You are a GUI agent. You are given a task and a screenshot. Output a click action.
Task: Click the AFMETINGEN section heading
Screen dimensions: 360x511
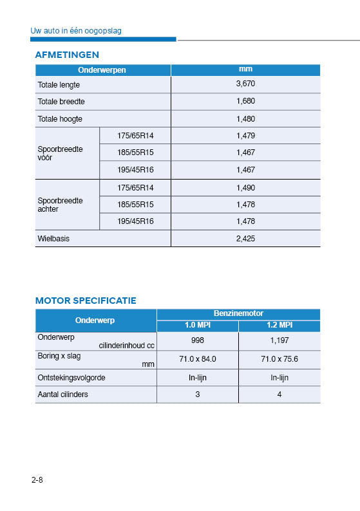coord(67,55)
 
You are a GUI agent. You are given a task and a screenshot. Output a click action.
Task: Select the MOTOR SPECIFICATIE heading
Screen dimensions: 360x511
coord(86,301)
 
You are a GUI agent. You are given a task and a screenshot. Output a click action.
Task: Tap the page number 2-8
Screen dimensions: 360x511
coord(36,480)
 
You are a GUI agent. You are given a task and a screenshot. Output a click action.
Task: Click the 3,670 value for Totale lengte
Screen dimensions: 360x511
coord(245,84)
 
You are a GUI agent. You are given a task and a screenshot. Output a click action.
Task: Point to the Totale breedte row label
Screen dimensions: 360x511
coord(61,102)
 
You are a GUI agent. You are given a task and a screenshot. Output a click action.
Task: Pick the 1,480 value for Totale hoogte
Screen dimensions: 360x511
coord(245,119)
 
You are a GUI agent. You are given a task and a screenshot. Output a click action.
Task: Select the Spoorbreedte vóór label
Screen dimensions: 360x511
coord(60,153)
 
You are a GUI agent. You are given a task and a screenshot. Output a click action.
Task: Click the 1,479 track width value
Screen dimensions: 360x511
coord(245,136)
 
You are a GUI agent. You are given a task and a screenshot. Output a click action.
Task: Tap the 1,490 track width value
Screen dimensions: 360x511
coord(245,187)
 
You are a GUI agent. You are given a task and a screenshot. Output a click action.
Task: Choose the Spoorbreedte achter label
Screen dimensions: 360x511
coord(60,204)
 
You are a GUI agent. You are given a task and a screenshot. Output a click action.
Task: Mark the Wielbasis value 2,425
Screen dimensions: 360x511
coord(245,238)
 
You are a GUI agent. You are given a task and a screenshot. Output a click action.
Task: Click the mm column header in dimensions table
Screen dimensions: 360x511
coord(245,69)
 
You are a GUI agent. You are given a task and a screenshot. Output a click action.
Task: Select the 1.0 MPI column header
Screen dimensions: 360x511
coord(197,324)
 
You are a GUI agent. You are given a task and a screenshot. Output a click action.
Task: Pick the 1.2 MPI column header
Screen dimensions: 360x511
coord(279,324)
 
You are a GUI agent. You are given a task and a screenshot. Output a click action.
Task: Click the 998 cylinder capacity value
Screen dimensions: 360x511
coord(197,340)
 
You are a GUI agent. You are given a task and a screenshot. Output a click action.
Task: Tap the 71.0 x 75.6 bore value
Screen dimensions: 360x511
coord(279,359)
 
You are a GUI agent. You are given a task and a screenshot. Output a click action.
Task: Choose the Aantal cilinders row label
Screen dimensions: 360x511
coord(63,394)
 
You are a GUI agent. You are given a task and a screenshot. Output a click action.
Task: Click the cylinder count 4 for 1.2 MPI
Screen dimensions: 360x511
coord(279,394)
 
